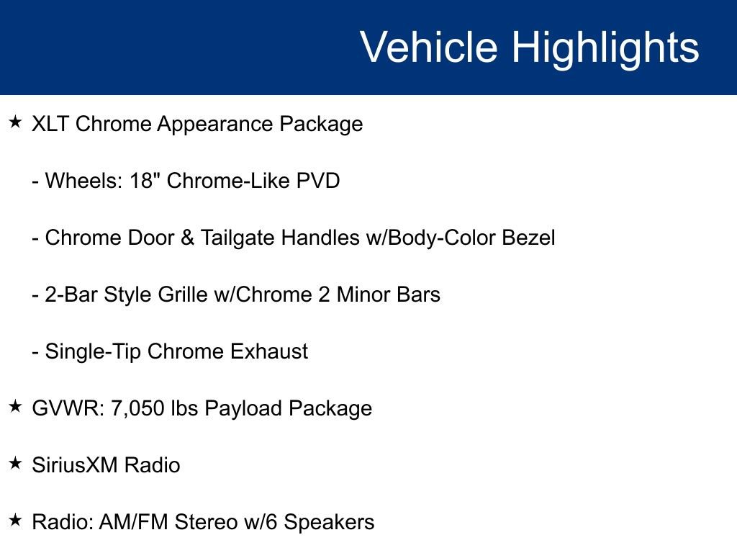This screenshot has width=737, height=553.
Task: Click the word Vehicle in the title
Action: point(429,46)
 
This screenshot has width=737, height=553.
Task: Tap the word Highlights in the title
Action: point(605,49)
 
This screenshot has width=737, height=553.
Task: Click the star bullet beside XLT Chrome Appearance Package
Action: point(16,122)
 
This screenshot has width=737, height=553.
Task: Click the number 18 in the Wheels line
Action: point(141,181)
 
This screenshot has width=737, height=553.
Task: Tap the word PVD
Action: point(317,181)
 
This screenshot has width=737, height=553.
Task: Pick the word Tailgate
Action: point(238,238)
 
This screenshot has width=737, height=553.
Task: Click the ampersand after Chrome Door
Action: point(187,238)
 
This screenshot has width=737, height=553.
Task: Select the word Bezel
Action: point(528,238)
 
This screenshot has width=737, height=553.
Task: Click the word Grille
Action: point(182,295)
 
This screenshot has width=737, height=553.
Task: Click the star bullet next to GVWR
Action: point(16,406)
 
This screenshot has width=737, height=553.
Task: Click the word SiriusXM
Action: point(75,465)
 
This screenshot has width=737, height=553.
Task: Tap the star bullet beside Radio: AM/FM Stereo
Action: point(16,520)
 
